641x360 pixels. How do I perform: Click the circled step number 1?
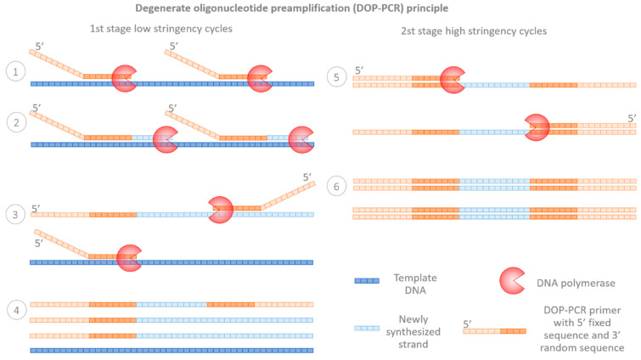[x=14, y=74]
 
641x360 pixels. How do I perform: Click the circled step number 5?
[x=337, y=77]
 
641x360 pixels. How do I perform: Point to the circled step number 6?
[x=337, y=186]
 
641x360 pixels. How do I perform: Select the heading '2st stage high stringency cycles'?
[x=474, y=31]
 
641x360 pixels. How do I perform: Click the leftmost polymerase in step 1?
[x=125, y=77]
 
